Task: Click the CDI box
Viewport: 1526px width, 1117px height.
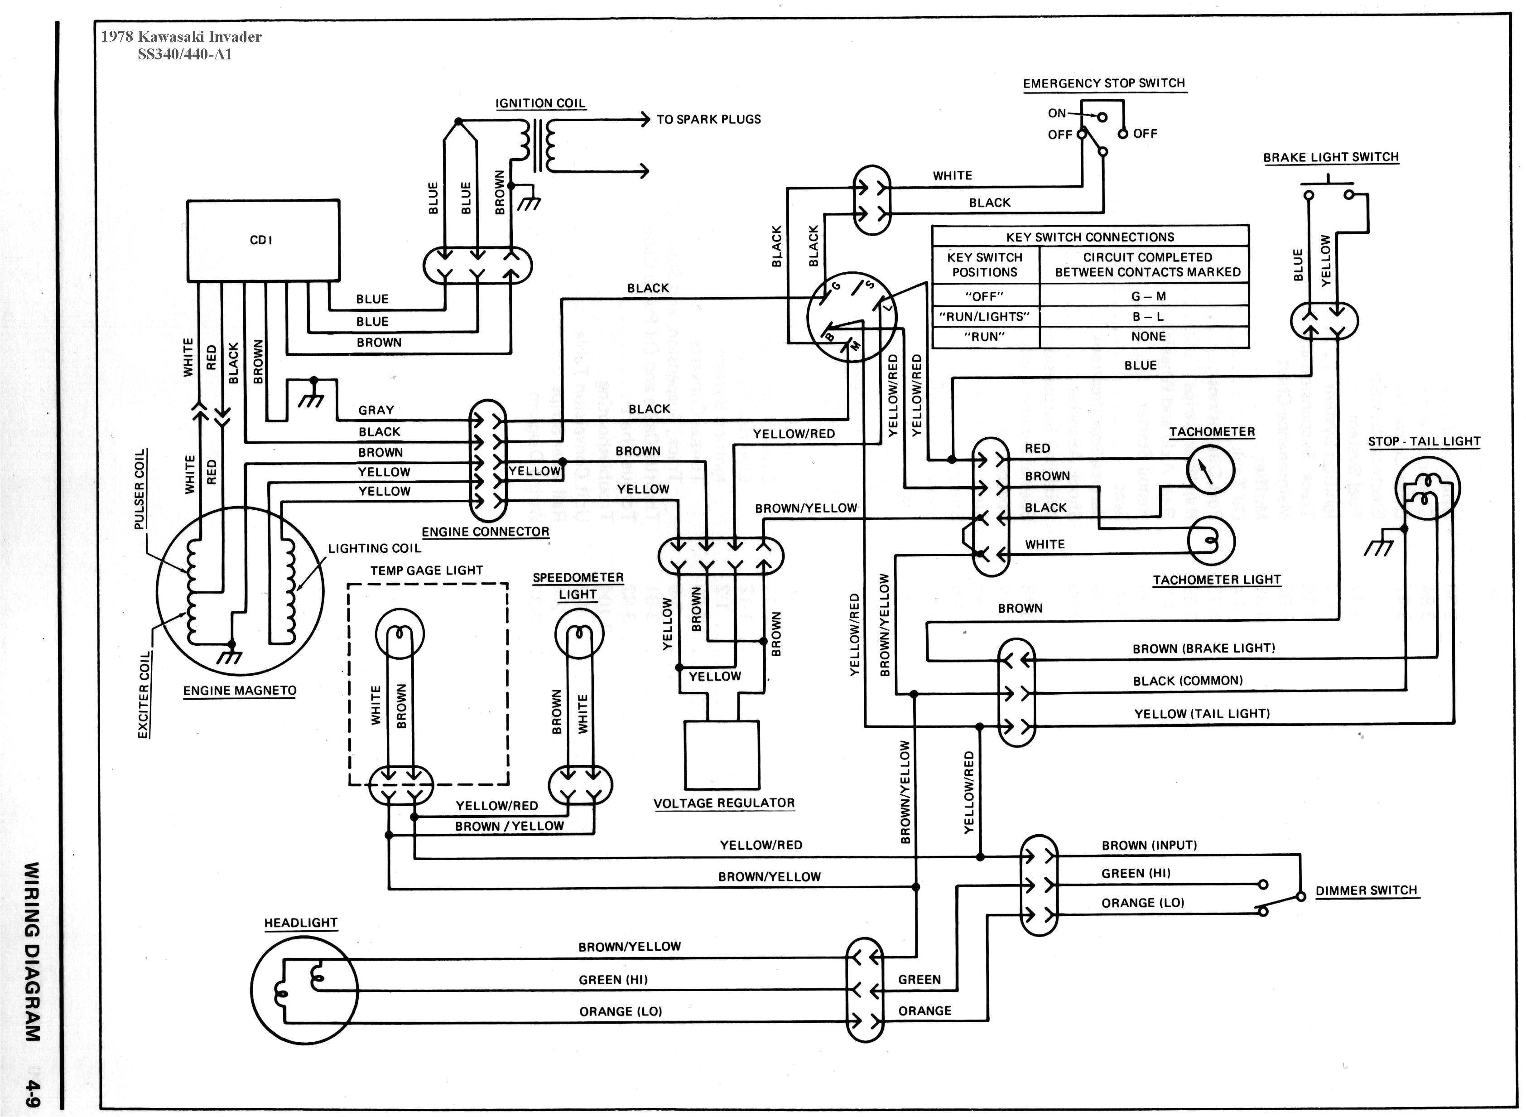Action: pyautogui.click(x=263, y=240)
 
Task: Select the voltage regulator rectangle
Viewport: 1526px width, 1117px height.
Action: pyautogui.click(x=722, y=754)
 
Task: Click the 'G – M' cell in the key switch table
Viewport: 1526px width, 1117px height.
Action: pyautogui.click(x=1147, y=295)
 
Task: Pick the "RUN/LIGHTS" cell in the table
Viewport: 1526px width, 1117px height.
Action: pyautogui.click(x=985, y=316)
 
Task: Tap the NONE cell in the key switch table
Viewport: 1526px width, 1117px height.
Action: pyautogui.click(x=1147, y=336)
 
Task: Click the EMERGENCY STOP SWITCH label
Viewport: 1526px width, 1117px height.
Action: pyautogui.click(x=1103, y=83)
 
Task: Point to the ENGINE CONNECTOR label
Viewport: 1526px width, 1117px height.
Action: pyautogui.click(x=485, y=532)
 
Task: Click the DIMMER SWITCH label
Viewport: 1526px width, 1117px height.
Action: pyautogui.click(x=1366, y=890)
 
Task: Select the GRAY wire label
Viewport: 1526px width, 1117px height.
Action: pyautogui.click(x=376, y=410)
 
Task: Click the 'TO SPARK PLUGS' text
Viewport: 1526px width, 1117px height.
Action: pyautogui.click(x=708, y=119)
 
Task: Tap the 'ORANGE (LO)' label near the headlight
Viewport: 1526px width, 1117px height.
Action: pyautogui.click(x=621, y=1011)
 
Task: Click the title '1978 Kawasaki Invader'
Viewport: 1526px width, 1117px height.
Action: pyautogui.click(x=181, y=37)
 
